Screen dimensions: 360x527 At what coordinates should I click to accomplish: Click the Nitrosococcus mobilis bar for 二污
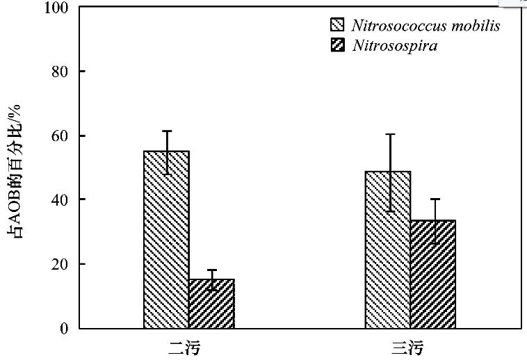(x=166, y=240)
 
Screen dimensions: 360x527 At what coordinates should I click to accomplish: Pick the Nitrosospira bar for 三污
(x=432, y=275)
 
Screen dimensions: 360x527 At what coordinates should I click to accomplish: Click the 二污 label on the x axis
(x=188, y=347)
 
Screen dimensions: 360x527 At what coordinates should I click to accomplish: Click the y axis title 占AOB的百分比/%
(x=15, y=170)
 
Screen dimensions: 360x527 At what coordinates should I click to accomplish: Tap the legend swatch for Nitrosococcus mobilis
(x=337, y=26)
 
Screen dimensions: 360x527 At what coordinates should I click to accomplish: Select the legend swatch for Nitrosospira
(x=337, y=47)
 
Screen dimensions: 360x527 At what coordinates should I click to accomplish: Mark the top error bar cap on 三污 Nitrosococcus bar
(x=390, y=134)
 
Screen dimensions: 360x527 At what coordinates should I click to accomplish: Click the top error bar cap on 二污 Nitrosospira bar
(x=212, y=270)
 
